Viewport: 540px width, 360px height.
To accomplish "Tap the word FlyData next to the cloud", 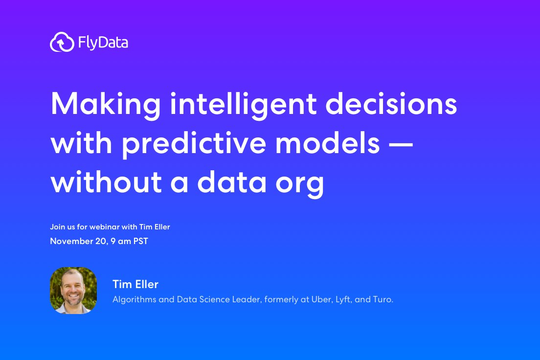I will [103, 43].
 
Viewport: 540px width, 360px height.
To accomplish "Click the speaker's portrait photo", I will [73, 290].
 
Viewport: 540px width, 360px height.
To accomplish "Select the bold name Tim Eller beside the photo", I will [135, 284].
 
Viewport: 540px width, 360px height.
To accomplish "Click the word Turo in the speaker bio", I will [383, 299].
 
